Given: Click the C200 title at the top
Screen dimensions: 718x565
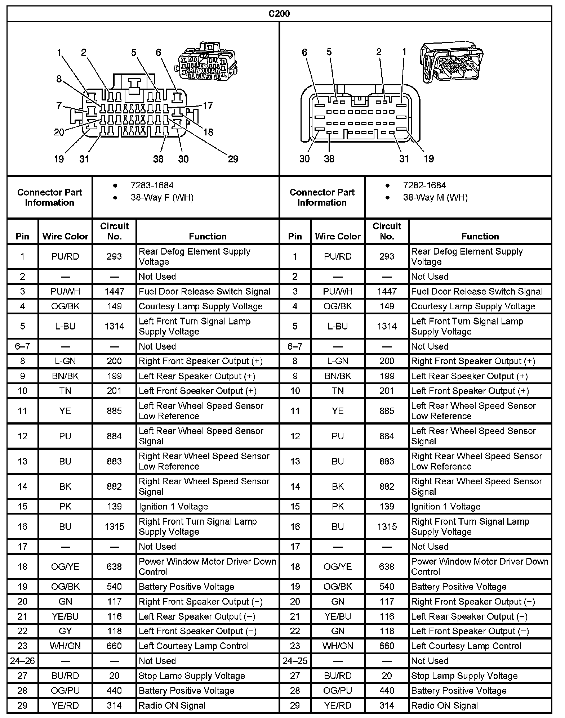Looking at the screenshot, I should (279, 14).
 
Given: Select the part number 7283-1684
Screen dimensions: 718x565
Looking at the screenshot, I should (152, 185).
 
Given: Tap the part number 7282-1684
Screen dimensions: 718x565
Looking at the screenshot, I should (424, 185).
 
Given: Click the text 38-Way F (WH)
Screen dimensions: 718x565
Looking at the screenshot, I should (162, 197).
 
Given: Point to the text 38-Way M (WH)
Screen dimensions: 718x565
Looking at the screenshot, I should (435, 197).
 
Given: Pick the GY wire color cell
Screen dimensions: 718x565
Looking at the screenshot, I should (65, 631).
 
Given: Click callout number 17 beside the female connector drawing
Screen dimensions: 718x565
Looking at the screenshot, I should (208, 106).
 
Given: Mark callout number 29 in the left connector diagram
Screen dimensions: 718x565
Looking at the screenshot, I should (233, 159).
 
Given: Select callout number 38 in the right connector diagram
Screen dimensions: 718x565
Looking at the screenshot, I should (329, 159).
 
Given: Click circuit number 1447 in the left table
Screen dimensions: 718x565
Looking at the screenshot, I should (114, 291).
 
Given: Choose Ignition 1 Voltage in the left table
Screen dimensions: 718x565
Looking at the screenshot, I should (173, 507).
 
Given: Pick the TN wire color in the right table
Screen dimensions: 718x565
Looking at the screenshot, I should (338, 391).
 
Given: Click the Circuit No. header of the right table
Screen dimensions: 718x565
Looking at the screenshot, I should (387, 231).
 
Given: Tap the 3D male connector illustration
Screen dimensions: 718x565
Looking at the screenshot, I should (452, 62).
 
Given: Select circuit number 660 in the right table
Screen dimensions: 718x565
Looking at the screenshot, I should (387, 646).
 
